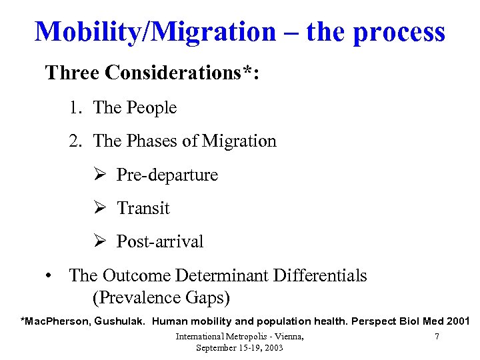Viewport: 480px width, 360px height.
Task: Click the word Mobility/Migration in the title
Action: click(154, 31)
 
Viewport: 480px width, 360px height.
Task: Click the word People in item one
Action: click(153, 108)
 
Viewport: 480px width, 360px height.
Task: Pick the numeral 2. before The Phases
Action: click(75, 141)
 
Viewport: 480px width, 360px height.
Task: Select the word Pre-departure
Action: click(167, 175)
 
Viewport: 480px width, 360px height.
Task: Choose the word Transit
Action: click(143, 208)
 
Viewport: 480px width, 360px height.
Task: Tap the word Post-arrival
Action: click(160, 241)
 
